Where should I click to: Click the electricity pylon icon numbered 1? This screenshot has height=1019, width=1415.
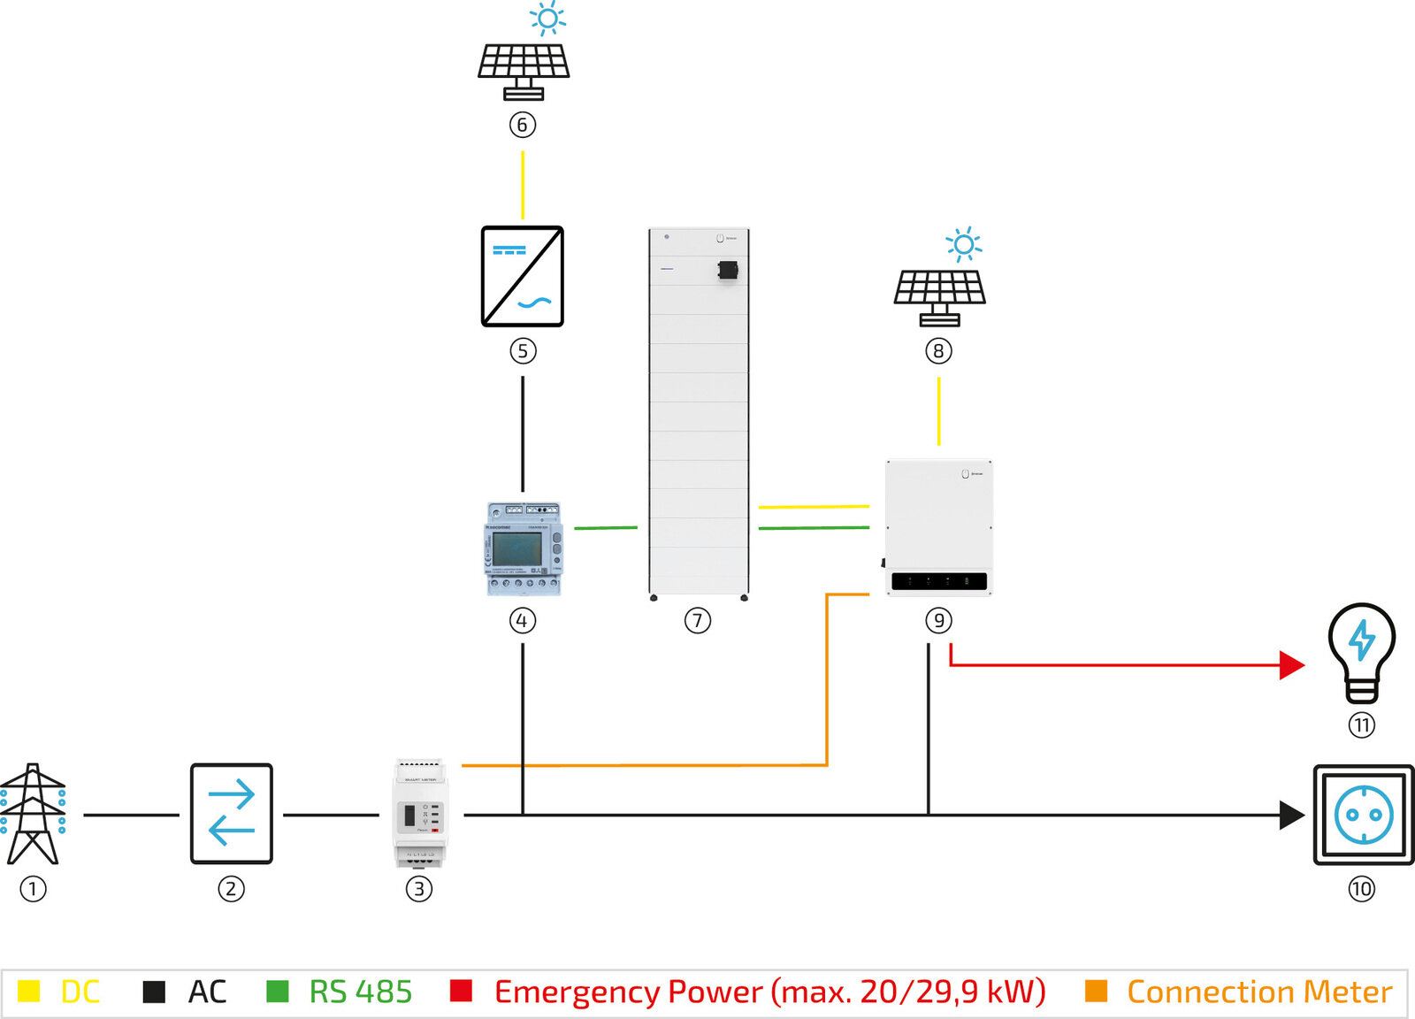33,814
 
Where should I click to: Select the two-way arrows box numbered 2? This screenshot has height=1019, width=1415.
232,814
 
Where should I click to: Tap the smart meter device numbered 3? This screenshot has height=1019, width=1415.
419,814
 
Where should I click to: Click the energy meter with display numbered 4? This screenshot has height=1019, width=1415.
523,549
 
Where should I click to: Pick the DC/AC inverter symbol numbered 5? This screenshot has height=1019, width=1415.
523,276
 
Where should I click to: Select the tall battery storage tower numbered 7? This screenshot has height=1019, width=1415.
699,412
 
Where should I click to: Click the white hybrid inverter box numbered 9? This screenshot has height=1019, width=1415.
939,527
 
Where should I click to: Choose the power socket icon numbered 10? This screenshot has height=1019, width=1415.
1364,815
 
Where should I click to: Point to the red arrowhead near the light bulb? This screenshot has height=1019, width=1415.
1293,665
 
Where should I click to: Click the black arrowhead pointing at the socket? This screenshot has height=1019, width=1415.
1293,815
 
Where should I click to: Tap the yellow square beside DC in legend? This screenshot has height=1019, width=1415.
29,991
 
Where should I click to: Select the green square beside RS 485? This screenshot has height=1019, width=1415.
278,991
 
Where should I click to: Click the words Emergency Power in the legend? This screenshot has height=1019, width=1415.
628,992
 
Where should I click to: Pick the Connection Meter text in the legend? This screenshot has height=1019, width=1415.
1259,992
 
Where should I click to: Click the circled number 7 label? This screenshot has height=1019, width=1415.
698,621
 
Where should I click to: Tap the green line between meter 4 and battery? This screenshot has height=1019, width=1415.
606,528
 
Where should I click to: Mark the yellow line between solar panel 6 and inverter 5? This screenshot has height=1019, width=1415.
523,184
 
